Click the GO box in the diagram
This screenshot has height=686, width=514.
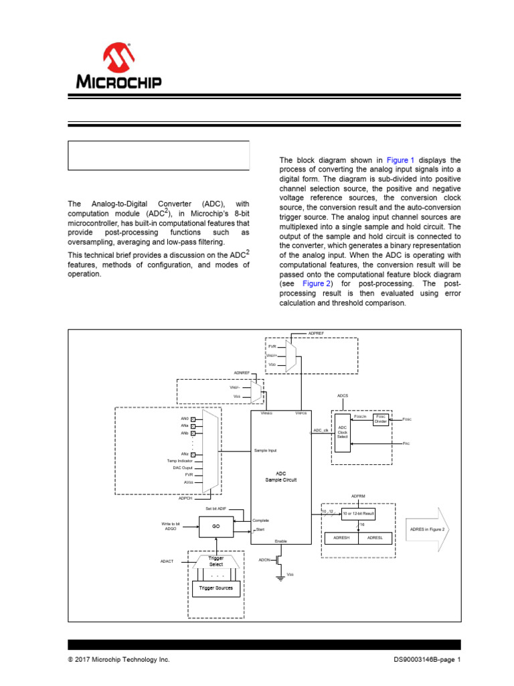(x=216, y=527)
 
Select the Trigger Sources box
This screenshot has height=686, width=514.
(x=216, y=588)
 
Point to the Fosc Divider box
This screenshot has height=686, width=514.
(x=380, y=419)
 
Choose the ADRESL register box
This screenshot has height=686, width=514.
(x=377, y=537)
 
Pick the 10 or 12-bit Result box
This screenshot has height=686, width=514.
(x=358, y=513)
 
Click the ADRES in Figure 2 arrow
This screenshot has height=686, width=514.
(x=426, y=528)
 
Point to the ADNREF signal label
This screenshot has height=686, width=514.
(x=242, y=372)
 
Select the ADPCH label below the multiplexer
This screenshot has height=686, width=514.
(x=185, y=498)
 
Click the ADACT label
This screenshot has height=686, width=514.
(x=167, y=561)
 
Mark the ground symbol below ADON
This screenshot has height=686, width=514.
(x=280, y=577)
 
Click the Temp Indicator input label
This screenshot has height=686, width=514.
(x=180, y=461)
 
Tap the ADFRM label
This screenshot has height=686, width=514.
(x=359, y=496)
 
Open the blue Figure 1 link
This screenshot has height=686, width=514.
(x=402, y=160)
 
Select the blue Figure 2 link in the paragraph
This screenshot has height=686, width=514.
(x=317, y=283)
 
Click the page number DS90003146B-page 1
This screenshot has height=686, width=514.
(x=427, y=660)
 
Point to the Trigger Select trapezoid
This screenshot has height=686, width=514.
(x=216, y=561)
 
